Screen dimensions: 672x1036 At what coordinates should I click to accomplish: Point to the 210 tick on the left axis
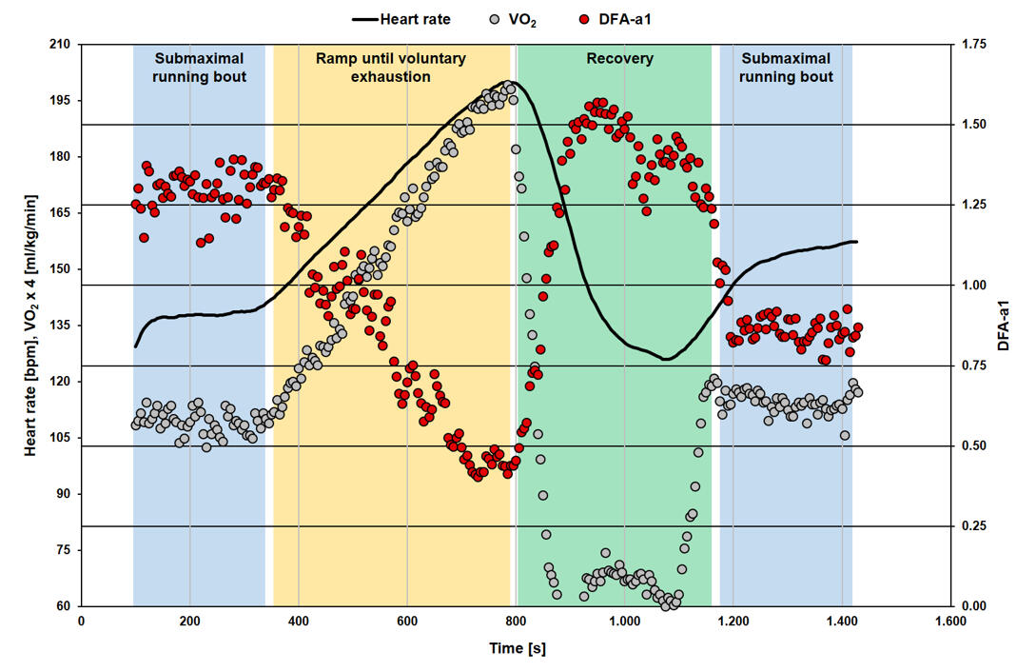61,44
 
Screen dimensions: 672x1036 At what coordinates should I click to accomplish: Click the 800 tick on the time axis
516,622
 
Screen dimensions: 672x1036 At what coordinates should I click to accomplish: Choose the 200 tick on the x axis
189,622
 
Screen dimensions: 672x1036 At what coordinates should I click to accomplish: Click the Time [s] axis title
516,649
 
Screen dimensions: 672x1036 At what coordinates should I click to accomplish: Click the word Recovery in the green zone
619,59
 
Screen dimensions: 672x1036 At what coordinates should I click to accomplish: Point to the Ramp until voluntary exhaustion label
391,68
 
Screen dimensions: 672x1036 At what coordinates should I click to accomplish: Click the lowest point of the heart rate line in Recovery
666,359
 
